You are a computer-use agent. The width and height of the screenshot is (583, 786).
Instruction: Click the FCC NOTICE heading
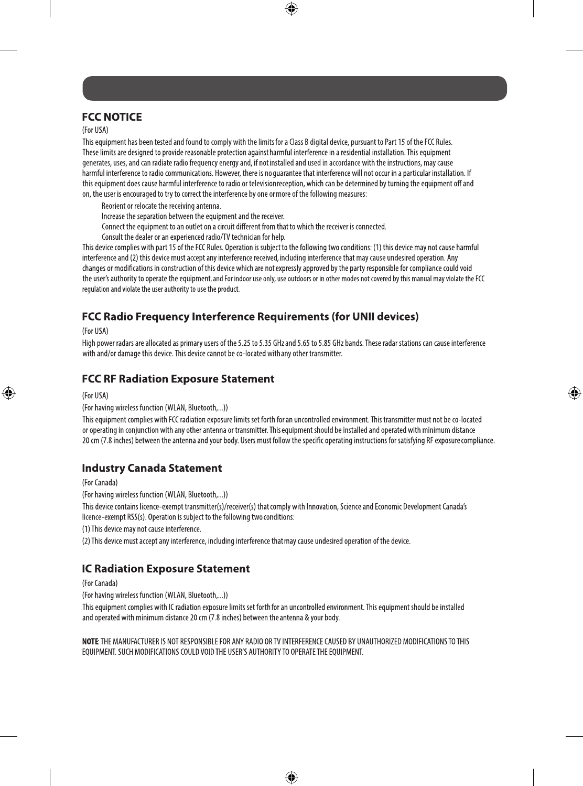point(112,117)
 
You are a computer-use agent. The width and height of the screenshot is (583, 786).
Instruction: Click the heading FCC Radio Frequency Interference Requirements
point(250,317)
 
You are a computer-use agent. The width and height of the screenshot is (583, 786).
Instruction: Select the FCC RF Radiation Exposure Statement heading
point(178,379)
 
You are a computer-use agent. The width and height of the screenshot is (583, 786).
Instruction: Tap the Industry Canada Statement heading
point(152,468)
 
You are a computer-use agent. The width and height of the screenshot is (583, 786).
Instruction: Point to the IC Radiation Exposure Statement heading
point(166,569)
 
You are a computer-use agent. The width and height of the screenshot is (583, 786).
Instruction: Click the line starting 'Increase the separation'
point(193,216)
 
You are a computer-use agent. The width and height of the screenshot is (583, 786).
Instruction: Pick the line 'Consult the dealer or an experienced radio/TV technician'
point(193,237)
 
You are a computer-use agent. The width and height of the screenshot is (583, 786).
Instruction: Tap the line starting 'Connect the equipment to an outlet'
point(244,227)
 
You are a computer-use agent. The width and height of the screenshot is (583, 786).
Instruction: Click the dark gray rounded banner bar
point(295,88)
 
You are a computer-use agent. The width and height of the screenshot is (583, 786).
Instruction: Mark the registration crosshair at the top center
point(291,8)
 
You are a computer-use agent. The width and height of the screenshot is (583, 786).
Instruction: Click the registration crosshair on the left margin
point(8,393)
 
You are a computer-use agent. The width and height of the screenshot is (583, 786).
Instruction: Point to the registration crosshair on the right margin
point(574,393)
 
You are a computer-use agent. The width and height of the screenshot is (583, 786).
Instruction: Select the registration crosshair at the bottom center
point(291,777)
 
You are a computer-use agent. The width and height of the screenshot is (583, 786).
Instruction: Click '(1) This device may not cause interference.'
point(142,529)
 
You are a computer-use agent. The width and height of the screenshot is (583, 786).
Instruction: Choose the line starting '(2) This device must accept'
point(246,541)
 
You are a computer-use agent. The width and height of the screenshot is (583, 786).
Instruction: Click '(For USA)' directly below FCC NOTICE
point(95,130)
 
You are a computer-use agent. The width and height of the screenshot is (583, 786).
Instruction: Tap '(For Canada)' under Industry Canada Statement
point(100,482)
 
